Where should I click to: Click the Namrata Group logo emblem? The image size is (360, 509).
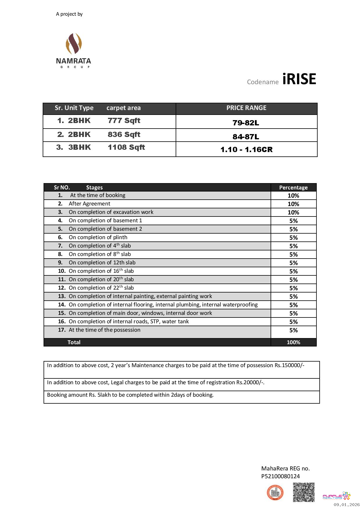pyautogui.click(x=74, y=44)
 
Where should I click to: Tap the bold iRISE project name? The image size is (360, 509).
pyautogui.click(x=299, y=79)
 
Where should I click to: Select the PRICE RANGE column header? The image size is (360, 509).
pyautogui.click(x=246, y=108)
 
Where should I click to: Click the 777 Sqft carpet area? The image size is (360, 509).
pyautogui.click(x=124, y=121)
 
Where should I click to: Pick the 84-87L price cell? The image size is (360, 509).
pyautogui.click(x=246, y=137)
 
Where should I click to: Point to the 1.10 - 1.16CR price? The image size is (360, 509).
pyautogui.click(x=246, y=150)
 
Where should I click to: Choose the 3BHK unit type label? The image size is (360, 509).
pyautogui.click(x=80, y=147)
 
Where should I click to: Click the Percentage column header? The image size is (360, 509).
pyautogui.click(x=293, y=187)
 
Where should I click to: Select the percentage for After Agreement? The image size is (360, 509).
pyautogui.click(x=293, y=204)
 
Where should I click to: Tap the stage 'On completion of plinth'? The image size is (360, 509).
pyautogui.click(x=98, y=237)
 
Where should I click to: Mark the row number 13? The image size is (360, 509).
pyautogui.click(x=62, y=296)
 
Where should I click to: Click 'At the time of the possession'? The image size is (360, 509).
pyautogui.click(x=105, y=330)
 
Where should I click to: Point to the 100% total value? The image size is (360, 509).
pyautogui.click(x=293, y=342)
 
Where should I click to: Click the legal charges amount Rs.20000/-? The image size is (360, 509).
pyautogui.click(x=250, y=382)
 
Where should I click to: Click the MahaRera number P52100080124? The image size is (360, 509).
pyautogui.click(x=280, y=476)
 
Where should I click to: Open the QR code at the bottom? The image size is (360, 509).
pyautogui.click(x=303, y=492)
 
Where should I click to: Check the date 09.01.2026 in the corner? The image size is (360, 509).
pyautogui.click(x=346, y=505)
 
